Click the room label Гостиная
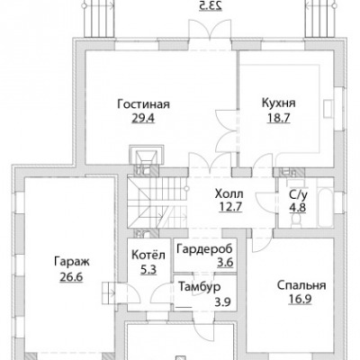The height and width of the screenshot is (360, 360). tap(143, 104)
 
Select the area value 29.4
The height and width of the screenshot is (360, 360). tap(143, 119)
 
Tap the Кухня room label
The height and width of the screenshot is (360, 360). tap(279, 103)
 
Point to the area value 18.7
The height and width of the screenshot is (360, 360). tap(279, 118)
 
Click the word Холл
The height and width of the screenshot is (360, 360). tap(229, 194)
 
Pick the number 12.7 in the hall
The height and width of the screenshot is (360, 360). tap(230, 207)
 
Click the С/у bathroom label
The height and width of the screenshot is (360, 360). tap(298, 195)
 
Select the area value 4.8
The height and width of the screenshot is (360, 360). tap(298, 208)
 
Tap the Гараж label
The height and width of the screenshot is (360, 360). tap(72, 262)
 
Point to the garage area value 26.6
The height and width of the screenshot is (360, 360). tap(71, 276)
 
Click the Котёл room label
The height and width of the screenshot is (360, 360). tap(148, 255)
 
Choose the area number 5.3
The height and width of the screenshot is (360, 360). tap(148, 270)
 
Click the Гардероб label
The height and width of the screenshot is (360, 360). tap(204, 249)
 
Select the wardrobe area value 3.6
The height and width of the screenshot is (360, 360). tap(225, 263)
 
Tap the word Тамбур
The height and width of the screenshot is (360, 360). tap(200, 287)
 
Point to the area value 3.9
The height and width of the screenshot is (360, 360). tap(222, 301)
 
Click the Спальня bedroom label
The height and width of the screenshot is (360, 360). tap(301, 285)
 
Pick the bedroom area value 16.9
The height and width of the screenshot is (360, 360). tap(300, 299)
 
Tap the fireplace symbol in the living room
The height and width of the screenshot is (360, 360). tap(147, 155)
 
